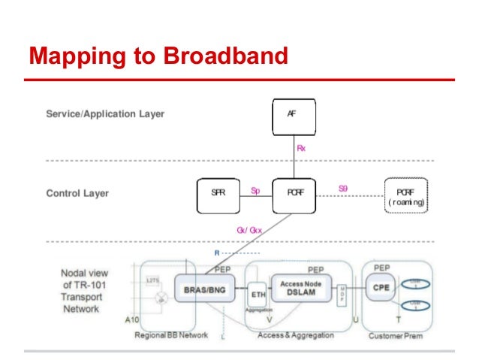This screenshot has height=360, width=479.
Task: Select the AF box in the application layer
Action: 292,116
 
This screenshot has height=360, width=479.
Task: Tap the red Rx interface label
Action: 301,149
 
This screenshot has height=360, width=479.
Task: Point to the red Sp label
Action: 255,191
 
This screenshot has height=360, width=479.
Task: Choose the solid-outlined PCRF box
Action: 294,193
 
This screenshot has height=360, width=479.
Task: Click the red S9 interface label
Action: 342,189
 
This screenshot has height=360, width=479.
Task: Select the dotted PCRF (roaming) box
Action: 406,196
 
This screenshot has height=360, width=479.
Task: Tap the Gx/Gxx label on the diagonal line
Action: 249,230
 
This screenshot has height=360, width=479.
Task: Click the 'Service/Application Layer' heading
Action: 105,114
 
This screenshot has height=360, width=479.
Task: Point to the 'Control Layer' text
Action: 77,193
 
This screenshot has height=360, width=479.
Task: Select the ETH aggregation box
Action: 258,295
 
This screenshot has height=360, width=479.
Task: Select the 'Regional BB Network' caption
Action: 170,335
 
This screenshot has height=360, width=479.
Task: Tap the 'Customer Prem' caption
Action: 396,335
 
